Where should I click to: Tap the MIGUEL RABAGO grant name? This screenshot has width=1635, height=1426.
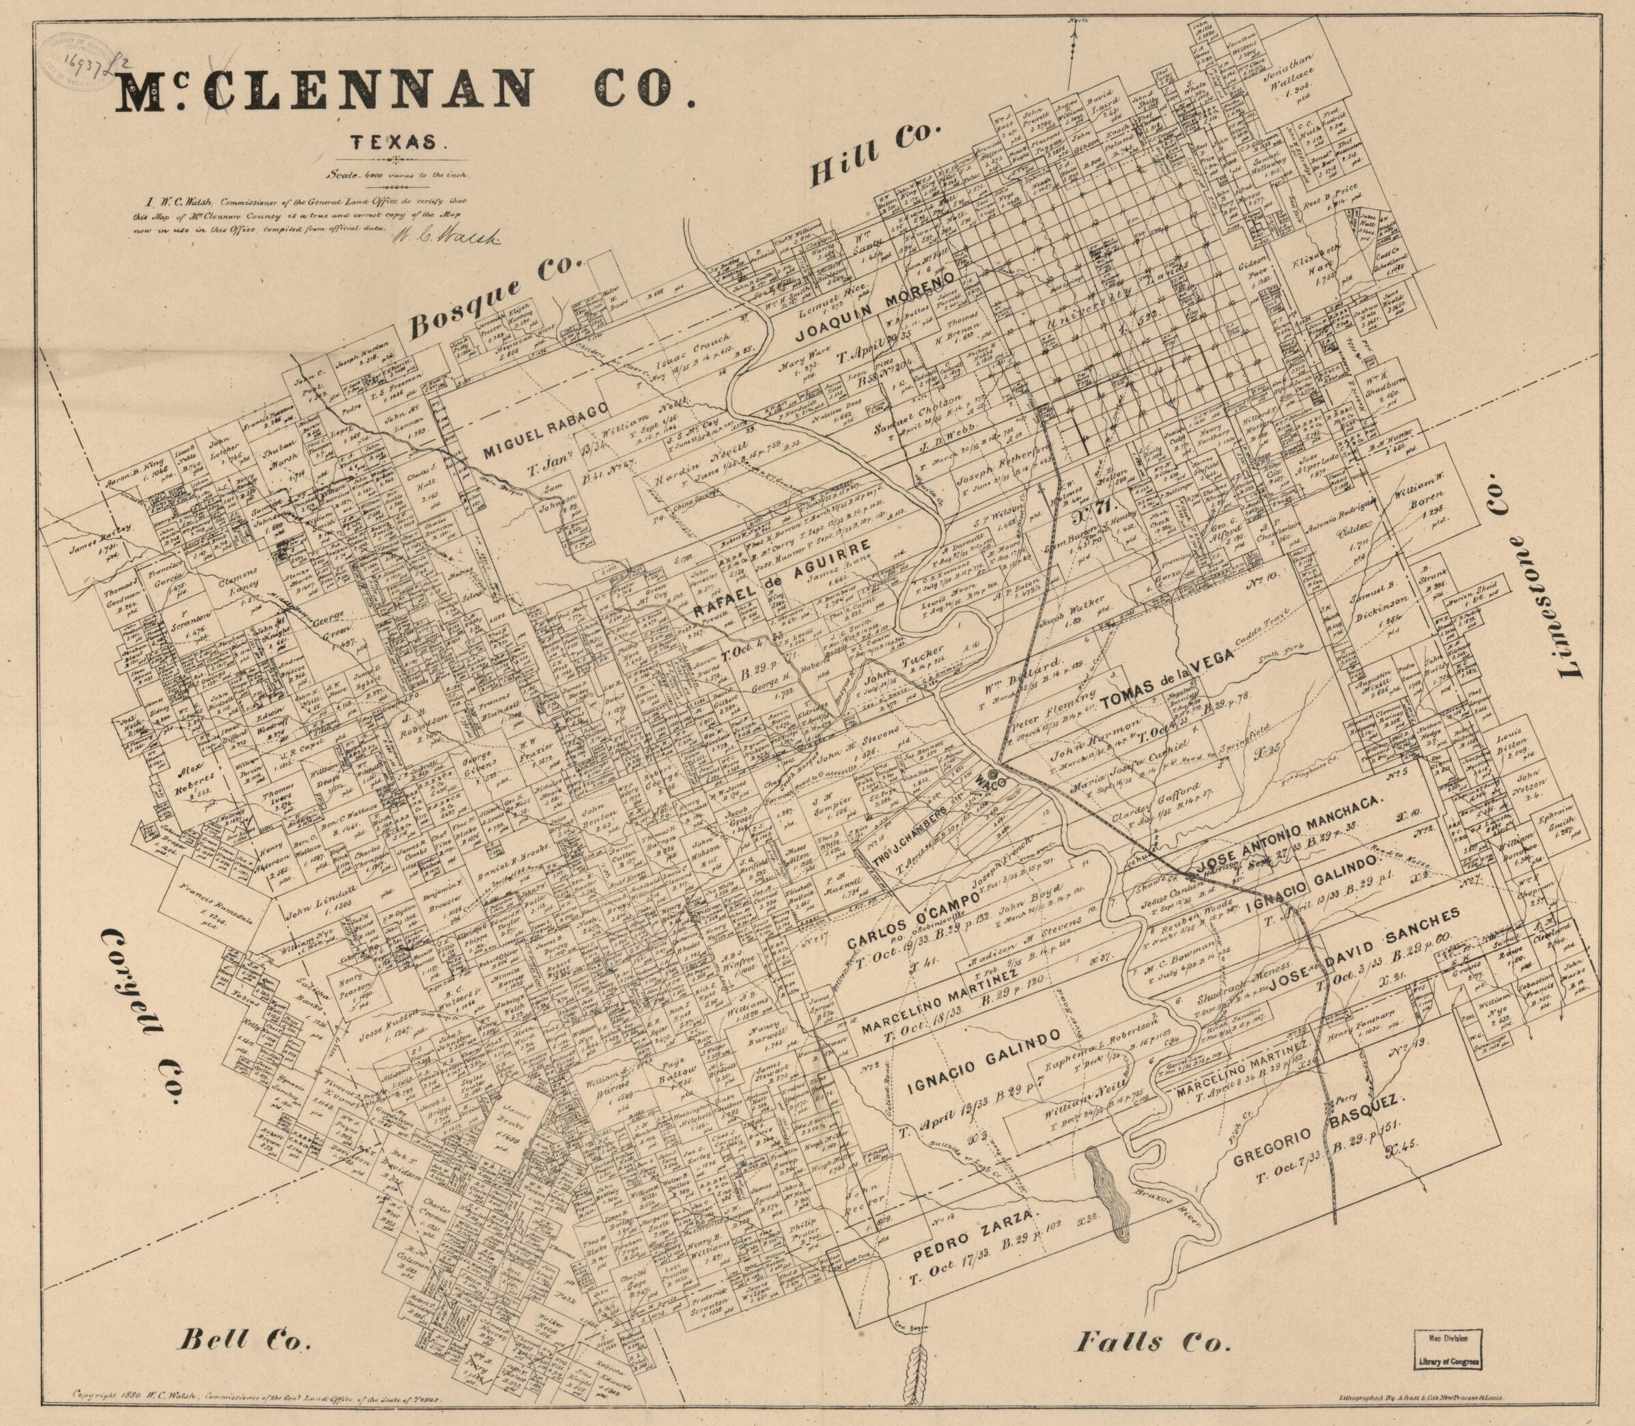point(546,430)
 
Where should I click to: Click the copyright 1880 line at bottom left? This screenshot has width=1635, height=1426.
point(255,1397)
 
